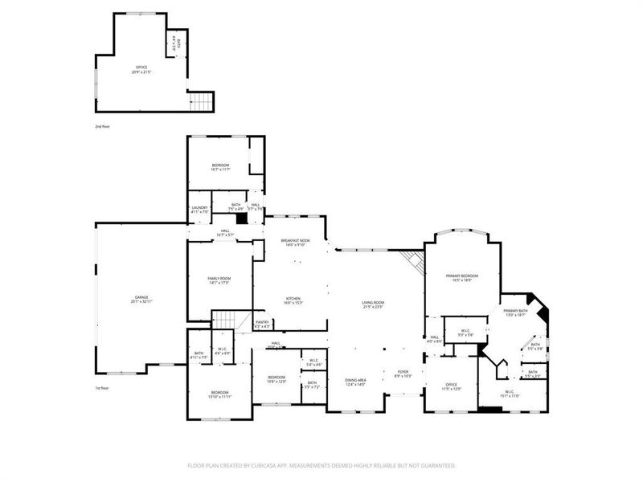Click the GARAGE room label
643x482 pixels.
[x=141, y=299]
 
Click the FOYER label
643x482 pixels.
[x=403, y=374]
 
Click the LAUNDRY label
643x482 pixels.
[x=199, y=209]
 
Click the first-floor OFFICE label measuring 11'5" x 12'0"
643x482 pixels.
[x=452, y=386]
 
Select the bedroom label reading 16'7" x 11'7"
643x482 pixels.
[x=220, y=166]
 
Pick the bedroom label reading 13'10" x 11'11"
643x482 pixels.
[x=220, y=394]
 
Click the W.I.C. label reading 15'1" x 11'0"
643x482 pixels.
[x=510, y=393]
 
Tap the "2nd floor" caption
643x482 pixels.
[x=102, y=127]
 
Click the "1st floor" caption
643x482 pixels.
[x=102, y=388]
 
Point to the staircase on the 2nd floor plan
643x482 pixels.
[x=202, y=101]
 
